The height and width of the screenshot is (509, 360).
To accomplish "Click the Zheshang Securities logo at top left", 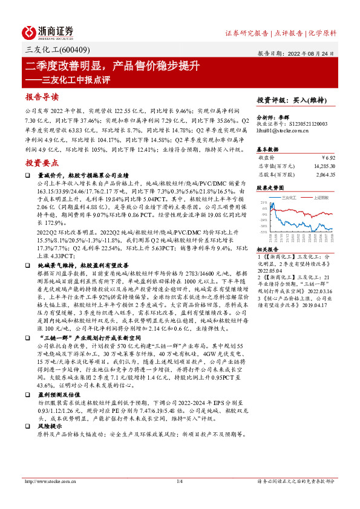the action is click(x=48, y=31).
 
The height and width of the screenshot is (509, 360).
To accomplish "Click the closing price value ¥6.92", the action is click(x=328, y=157).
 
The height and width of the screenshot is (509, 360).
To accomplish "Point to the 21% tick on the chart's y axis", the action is click(x=264, y=203).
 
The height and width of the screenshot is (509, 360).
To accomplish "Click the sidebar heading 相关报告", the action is click(x=267, y=249).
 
